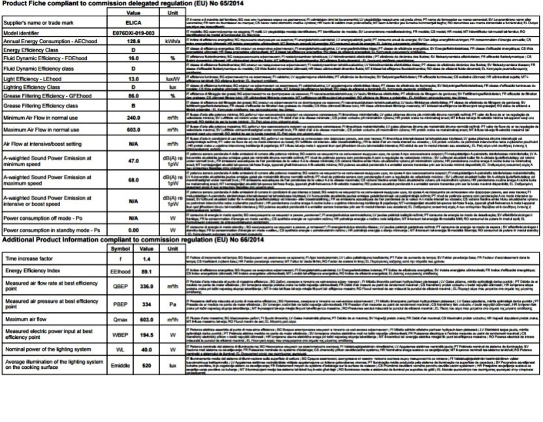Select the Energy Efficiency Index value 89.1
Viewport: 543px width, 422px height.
pyautogui.click(x=146, y=270)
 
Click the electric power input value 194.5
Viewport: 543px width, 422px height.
pyautogui.click(x=146, y=334)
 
